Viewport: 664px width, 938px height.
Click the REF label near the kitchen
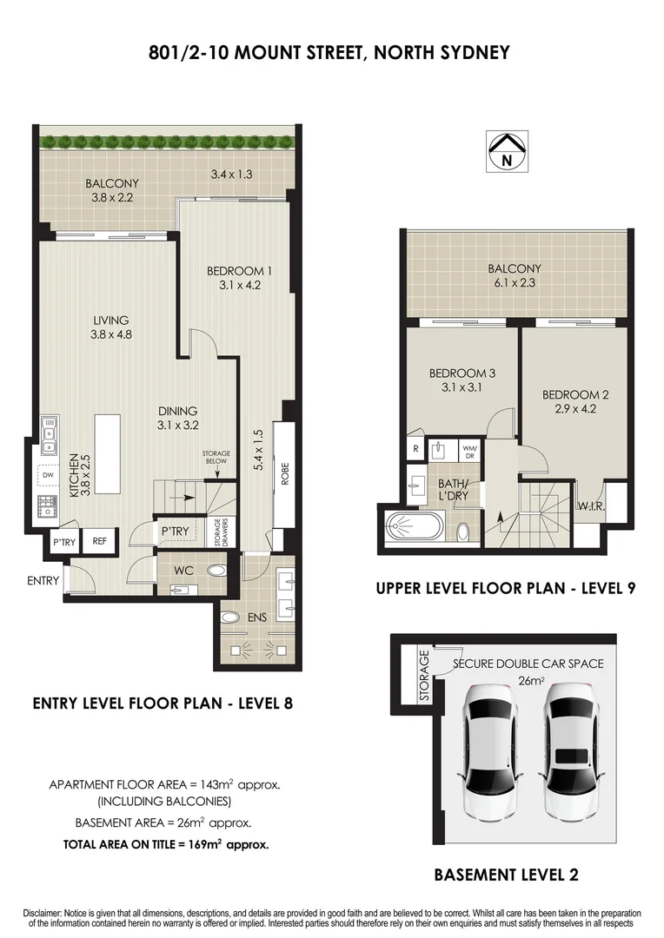tap(99, 541)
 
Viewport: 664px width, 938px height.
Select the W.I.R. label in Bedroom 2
tap(590, 505)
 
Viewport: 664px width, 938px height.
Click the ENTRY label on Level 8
tap(43, 580)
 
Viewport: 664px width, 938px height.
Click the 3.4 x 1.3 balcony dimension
tap(231, 175)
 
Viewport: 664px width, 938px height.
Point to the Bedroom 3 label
tap(461, 373)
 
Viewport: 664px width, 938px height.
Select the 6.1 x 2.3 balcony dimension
tap(514, 283)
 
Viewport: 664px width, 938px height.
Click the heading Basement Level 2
tap(506, 875)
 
